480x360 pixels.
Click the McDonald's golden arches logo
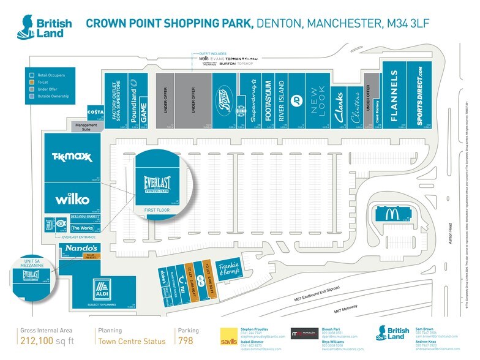coord(389,214)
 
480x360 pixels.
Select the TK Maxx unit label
coord(72,157)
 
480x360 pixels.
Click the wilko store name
coord(72,199)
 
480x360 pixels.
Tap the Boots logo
coord(225,99)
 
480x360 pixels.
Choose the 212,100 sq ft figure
coord(49,340)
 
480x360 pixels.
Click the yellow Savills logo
coord(229,337)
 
